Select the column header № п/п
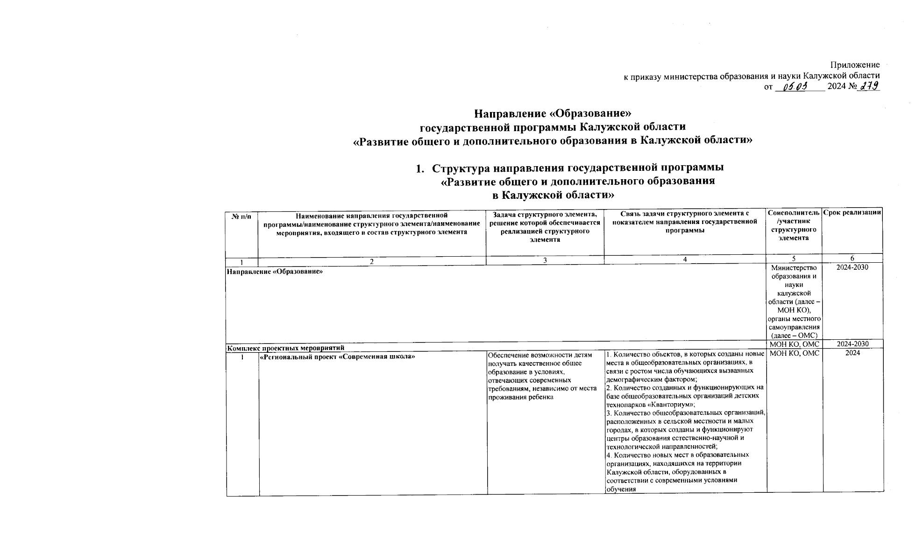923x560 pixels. (241, 216)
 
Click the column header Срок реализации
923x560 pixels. (852, 213)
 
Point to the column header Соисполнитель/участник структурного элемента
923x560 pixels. (794, 225)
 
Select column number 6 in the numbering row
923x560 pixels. (852, 258)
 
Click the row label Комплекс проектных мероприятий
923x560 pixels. (285, 348)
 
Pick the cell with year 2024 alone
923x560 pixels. (852, 353)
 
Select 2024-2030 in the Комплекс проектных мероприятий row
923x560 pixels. (852, 344)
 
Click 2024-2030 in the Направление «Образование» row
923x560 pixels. (852, 267)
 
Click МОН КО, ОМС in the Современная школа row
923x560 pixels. (794, 353)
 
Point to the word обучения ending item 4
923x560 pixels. (621, 489)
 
